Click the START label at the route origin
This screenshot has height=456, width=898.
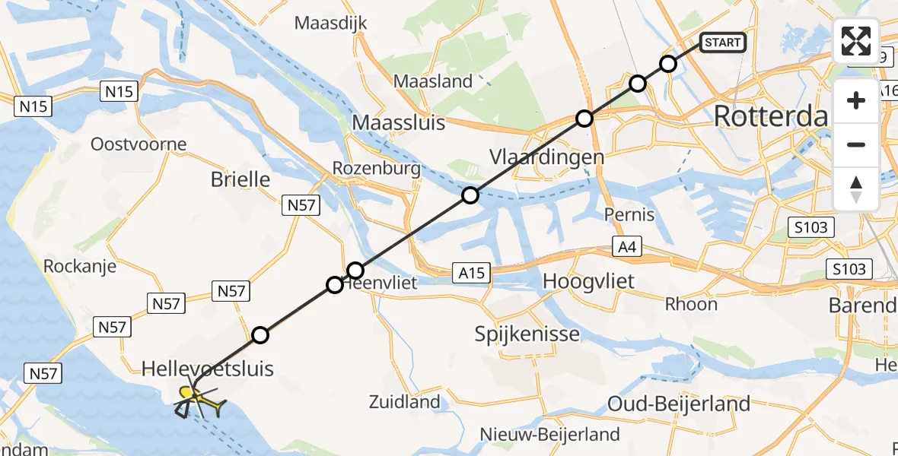tap(722, 43)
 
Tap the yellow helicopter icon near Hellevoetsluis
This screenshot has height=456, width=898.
tap(200, 399)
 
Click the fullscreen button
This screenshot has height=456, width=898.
tap(856, 41)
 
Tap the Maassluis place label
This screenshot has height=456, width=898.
tap(399, 122)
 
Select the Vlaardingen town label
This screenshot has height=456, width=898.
tap(536, 157)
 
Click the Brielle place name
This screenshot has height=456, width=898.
tap(240, 179)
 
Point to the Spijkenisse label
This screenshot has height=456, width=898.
tap(527, 334)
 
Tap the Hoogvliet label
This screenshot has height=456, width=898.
tap(588, 283)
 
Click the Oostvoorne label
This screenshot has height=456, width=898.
tap(139, 144)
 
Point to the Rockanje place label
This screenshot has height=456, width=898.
tap(79, 266)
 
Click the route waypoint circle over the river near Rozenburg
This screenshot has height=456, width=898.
tap(470, 195)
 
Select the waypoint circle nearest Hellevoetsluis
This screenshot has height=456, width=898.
tap(260, 334)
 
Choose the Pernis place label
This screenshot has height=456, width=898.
tap(629, 215)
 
